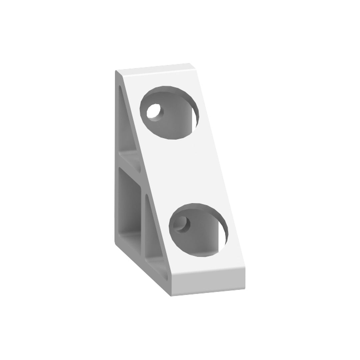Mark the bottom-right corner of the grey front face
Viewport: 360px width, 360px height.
(245, 289)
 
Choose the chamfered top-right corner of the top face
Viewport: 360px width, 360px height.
(192, 65)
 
